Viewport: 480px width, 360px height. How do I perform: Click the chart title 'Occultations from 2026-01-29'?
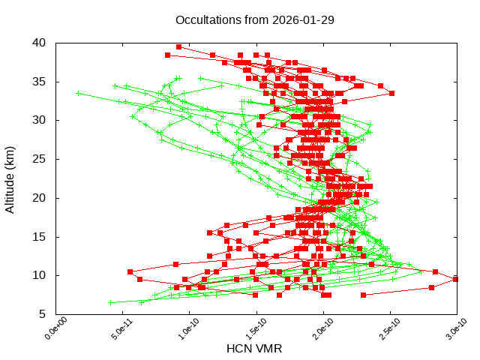[x=255, y=19]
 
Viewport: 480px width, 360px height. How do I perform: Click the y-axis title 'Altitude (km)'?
[x=10, y=178]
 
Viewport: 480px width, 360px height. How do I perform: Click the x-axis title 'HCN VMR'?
[x=255, y=348]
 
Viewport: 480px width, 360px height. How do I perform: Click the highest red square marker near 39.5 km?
[x=178, y=46]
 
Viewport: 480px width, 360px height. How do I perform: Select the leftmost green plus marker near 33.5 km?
[x=79, y=94]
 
